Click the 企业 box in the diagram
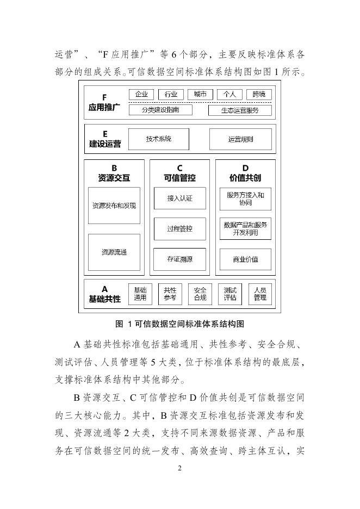click(141, 94)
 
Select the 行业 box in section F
click(171, 94)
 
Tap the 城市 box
click(200, 94)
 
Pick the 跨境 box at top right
click(259, 94)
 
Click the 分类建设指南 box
click(160, 110)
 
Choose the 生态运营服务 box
click(240, 110)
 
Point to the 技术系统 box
click(159, 139)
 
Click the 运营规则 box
click(240, 139)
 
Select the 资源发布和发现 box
click(114, 206)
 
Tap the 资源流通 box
click(114, 252)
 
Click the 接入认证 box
click(180, 198)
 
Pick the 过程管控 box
click(180, 229)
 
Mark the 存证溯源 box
click(180, 259)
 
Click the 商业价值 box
click(246, 259)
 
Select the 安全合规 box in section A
click(200, 294)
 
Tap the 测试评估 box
click(230, 294)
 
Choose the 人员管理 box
click(260, 294)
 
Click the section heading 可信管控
click(180, 178)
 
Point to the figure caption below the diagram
click(179, 324)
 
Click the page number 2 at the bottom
click(179, 469)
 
